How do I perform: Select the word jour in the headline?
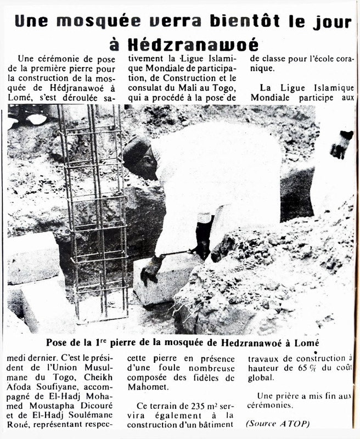point(329,22)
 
